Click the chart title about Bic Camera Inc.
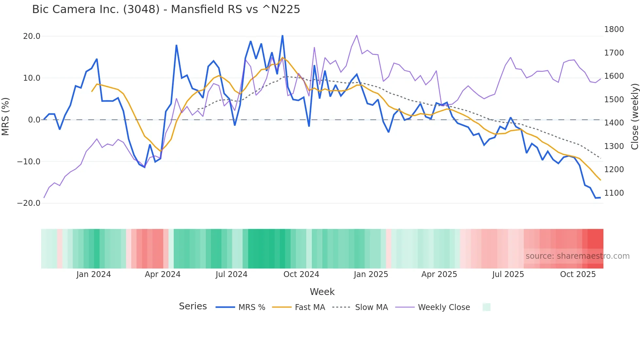166,9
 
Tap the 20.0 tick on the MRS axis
32,36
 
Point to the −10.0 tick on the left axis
29,161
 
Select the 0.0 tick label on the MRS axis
34,120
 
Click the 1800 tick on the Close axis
614,29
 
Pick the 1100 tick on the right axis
614,193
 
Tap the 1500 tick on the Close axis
614,100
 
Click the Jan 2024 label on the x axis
94,274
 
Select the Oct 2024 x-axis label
301,274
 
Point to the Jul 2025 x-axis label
508,274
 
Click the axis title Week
322,292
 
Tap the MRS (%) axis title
6,116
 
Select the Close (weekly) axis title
634,116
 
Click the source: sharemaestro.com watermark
577,256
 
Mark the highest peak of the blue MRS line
282,35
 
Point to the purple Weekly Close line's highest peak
357,35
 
